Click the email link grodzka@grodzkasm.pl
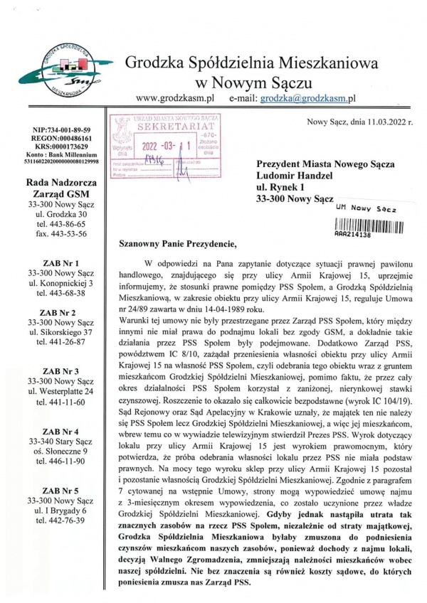[x=307, y=100]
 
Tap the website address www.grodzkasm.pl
[x=174, y=100]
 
